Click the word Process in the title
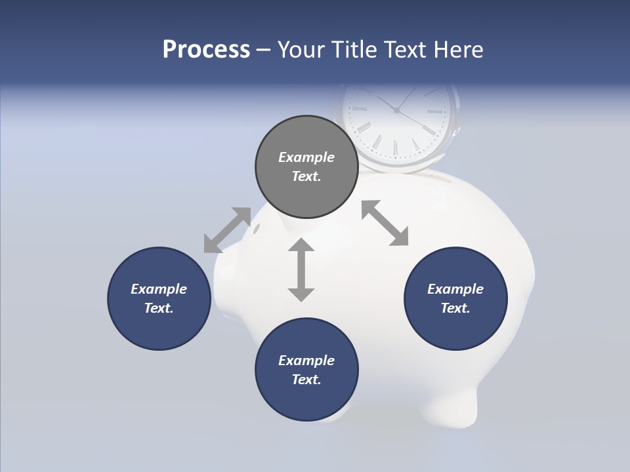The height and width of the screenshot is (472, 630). click(206, 49)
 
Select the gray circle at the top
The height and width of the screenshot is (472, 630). click(306, 167)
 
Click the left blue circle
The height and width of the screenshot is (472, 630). click(159, 298)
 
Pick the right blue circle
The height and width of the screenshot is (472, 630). click(455, 298)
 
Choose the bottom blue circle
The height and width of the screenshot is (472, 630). click(306, 370)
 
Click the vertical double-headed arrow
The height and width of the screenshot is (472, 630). click(301, 269)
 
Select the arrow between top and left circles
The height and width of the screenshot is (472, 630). click(227, 230)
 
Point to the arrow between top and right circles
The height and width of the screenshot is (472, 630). click(385, 223)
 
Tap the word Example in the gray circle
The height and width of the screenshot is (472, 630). click(306, 157)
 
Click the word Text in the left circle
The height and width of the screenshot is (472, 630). click(158, 308)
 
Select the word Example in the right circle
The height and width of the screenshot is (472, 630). click(455, 289)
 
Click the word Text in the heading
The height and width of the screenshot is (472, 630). click(399, 49)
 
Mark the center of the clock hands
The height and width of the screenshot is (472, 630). click(396, 110)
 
